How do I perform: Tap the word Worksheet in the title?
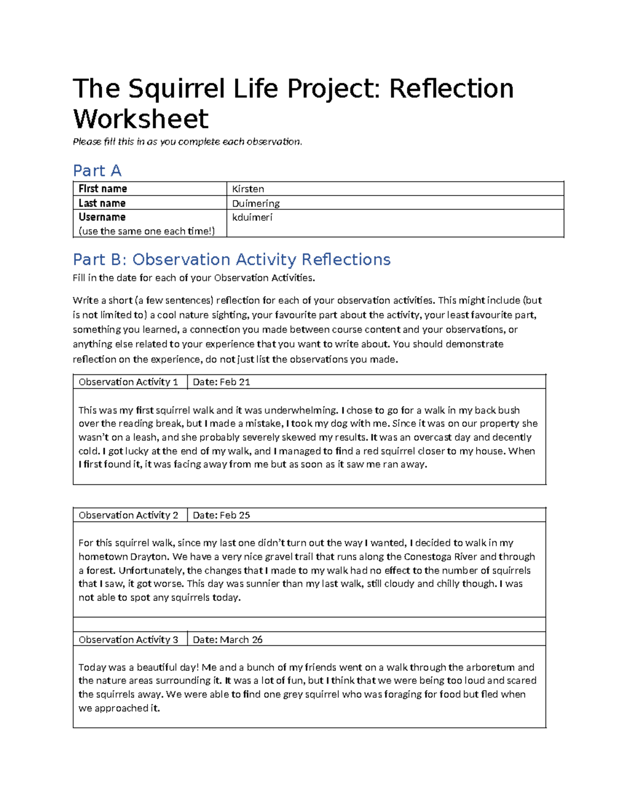[140, 119]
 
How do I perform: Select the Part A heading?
[97, 170]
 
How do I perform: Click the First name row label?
[103, 189]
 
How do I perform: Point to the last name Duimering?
[256, 203]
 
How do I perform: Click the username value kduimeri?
[252, 217]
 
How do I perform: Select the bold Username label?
[102, 217]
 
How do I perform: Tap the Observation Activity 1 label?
[128, 382]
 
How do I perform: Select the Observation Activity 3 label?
[128, 640]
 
